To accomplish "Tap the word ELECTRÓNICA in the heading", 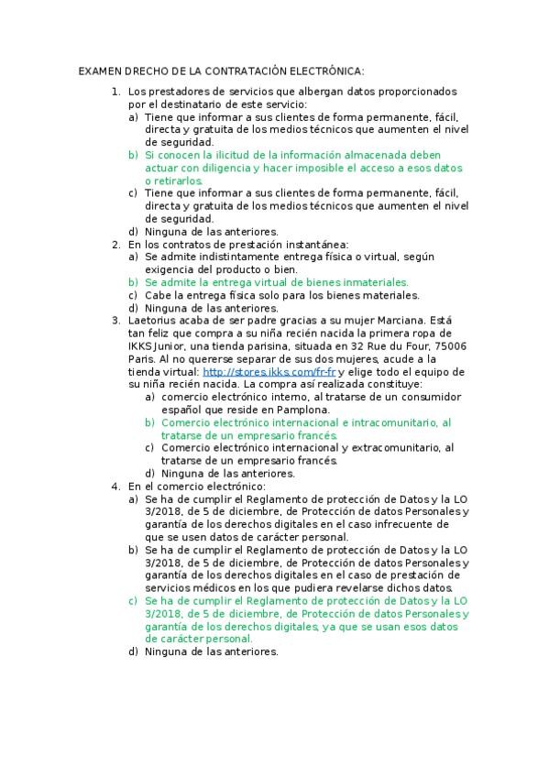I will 328,71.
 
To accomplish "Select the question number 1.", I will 115,92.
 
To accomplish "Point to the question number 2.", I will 115,245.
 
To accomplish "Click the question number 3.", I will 115,321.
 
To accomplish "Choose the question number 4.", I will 115,486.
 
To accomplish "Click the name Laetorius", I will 152,321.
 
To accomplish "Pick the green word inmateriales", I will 373,283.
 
